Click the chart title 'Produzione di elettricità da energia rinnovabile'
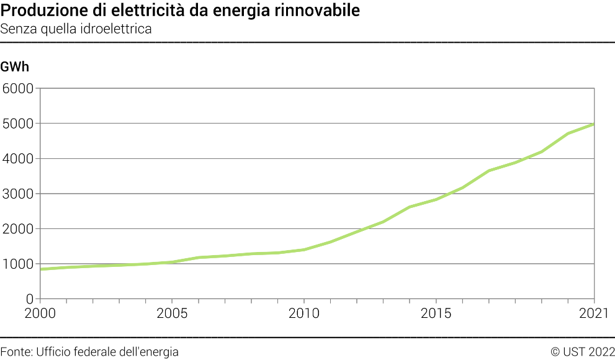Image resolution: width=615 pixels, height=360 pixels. [180, 11]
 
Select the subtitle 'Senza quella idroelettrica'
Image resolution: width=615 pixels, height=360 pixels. [76, 29]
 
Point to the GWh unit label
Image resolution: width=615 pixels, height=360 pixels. [15, 66]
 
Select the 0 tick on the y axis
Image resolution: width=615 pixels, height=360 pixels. [29, 299]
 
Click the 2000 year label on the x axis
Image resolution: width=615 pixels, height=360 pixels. [40, 313]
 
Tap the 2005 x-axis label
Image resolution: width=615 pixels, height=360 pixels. [172, 313]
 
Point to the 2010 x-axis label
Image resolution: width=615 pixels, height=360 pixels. [304, 313]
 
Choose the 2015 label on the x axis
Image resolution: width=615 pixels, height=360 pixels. [436, 313]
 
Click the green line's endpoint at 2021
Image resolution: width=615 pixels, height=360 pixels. [595, 124]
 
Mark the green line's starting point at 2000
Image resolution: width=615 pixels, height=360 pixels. [40, 269]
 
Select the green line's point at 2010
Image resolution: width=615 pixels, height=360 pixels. [304, 250]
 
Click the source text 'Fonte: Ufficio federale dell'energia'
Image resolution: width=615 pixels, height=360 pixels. [89, 352]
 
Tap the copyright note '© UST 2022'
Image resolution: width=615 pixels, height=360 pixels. [582, 352]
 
